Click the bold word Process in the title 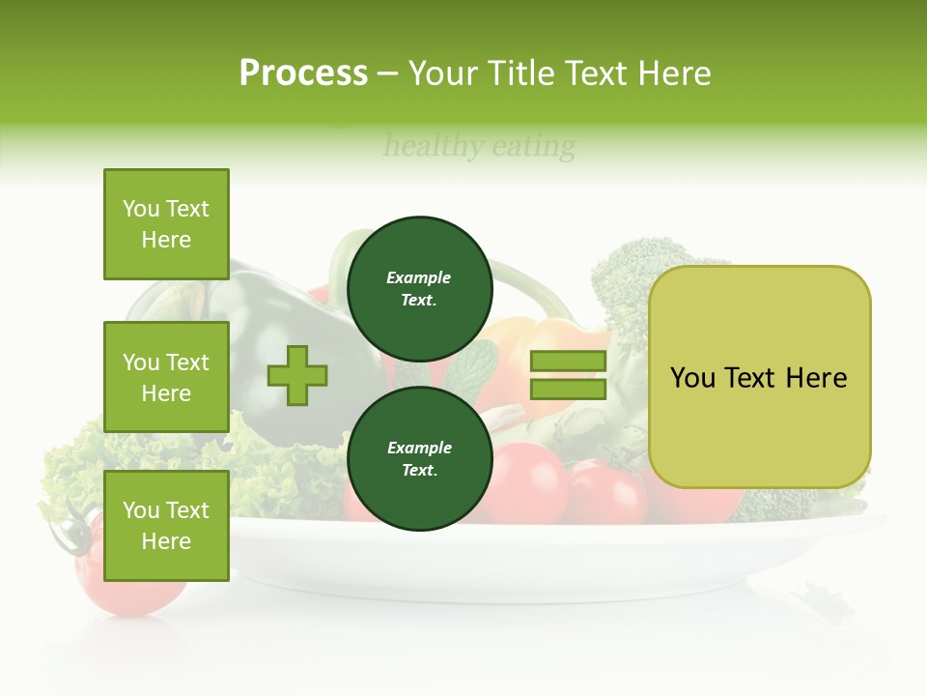[303, 73]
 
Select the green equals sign [568, 375]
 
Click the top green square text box [166, 224]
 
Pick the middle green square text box [166, 377]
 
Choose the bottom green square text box [166, 526]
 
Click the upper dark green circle [420, 289]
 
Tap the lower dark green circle [420, 459]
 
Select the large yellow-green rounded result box [759, 377]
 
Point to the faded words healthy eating [479, 147]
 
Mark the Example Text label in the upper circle [419, 289]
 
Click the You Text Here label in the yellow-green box [759, 377]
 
